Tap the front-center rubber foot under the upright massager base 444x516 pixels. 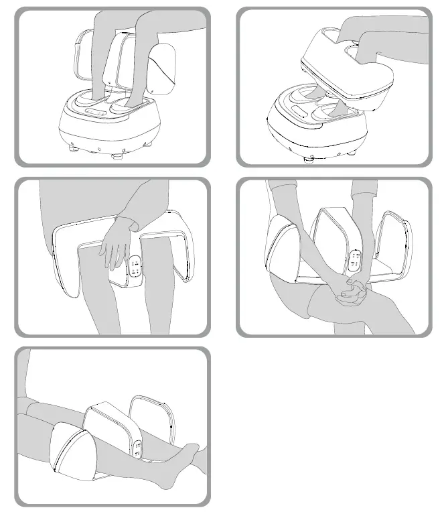click(119, 155)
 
